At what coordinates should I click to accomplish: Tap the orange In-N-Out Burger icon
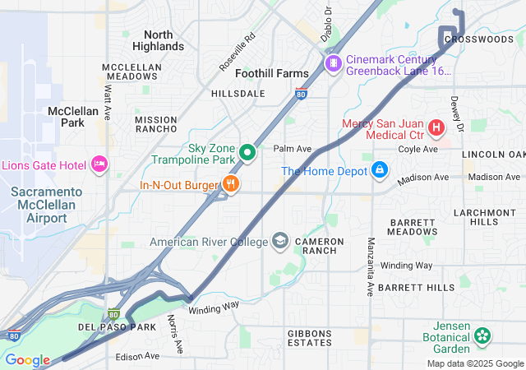232,185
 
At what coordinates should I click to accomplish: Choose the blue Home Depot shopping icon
380,171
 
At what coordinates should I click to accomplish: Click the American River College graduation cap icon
281,242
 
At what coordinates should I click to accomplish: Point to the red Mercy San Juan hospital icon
436,128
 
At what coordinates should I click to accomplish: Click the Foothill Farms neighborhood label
272,73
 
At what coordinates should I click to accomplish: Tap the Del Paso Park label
117,327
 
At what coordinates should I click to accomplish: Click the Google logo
27,360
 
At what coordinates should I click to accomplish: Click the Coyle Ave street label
418,149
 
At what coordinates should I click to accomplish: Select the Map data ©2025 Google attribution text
474,363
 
